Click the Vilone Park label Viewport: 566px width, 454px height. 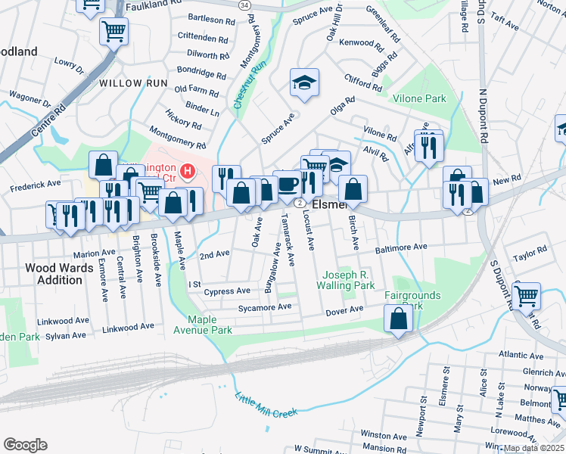419,98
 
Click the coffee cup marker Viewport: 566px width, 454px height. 287,184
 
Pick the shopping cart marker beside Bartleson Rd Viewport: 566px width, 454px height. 114,31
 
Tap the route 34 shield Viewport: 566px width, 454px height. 244,5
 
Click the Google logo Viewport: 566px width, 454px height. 25,445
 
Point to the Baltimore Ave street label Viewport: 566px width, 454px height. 401,247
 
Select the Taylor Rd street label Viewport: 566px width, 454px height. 529,254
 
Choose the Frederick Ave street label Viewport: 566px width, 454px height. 34,184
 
